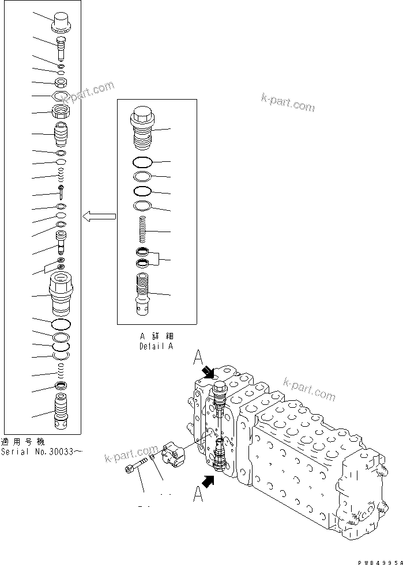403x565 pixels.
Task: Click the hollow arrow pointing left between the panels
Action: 99,217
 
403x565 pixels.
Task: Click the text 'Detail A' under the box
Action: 156,346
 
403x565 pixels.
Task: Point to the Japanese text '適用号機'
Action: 22,442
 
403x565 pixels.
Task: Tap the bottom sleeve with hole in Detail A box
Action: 142,294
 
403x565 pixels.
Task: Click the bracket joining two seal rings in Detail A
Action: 162,260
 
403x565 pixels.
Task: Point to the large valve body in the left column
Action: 61,293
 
